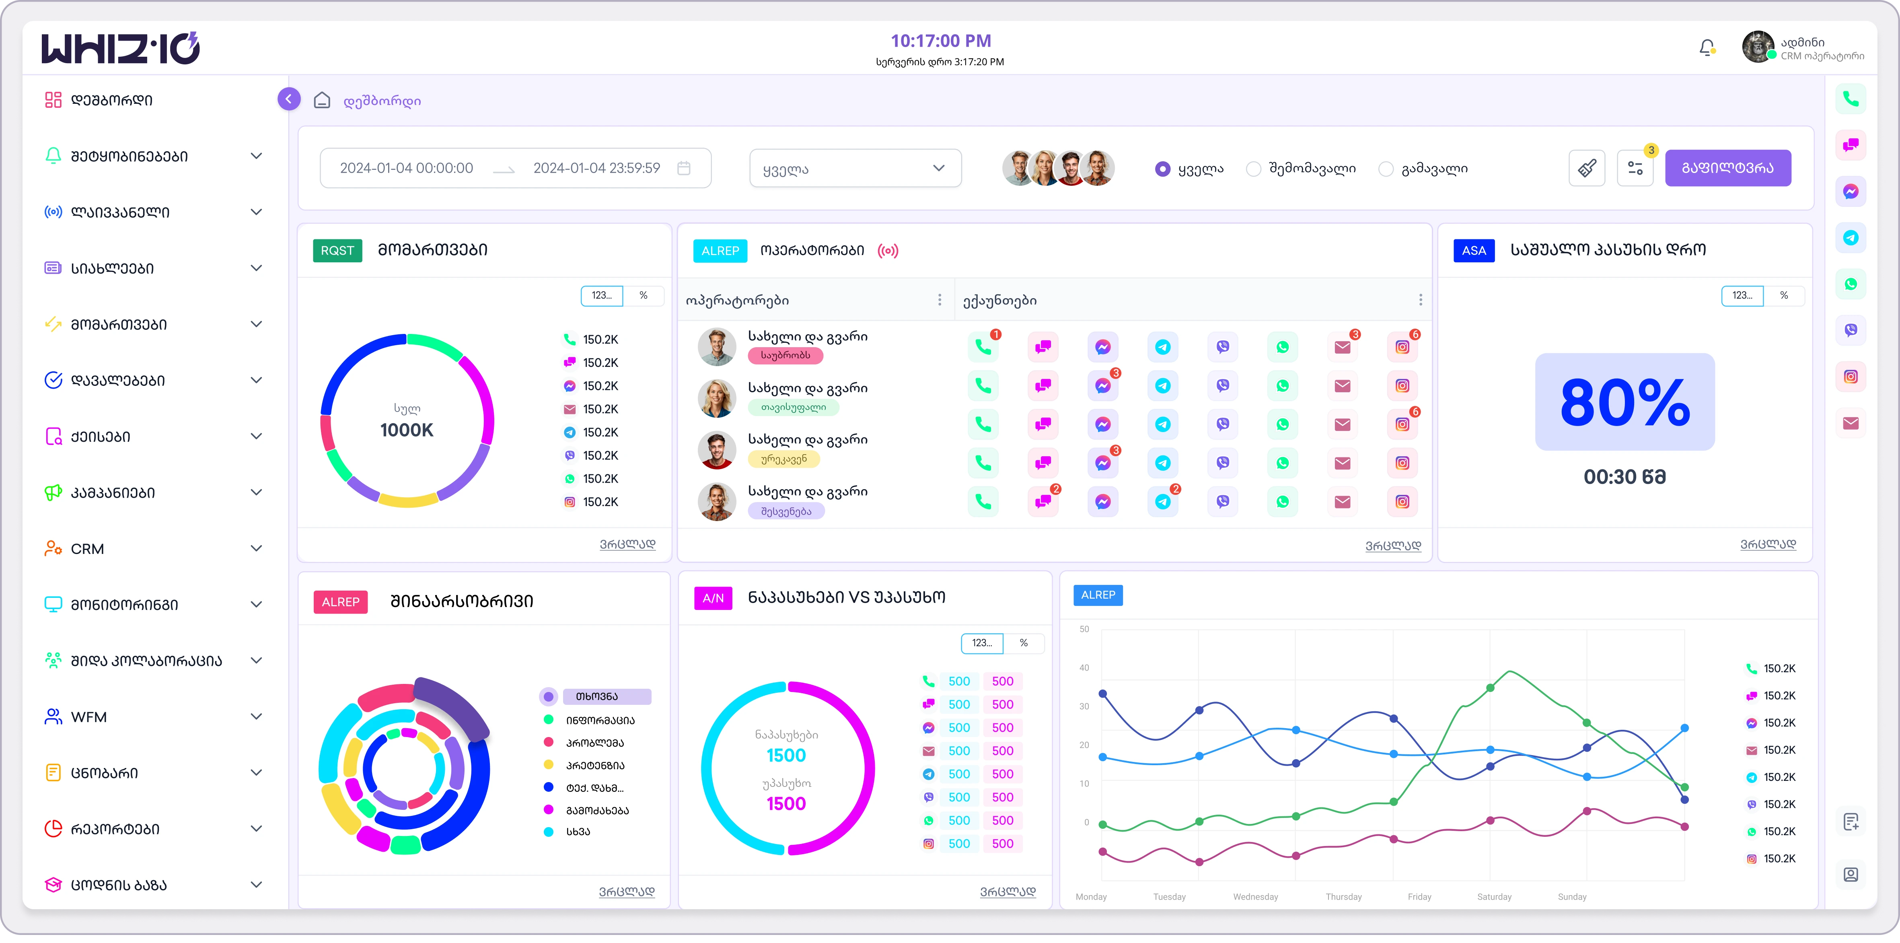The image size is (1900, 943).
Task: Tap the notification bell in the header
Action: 1706,48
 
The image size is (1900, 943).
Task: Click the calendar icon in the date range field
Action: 684,168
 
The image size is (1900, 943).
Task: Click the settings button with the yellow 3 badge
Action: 1635,168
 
